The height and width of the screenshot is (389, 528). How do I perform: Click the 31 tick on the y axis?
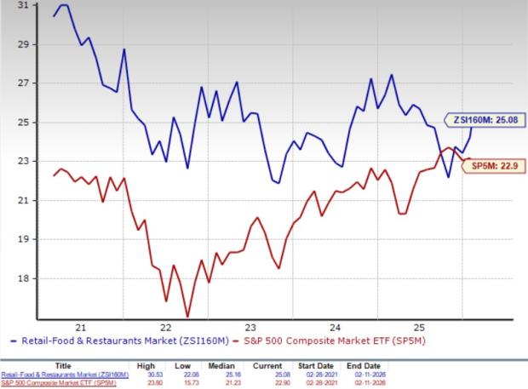[x=21, y=5]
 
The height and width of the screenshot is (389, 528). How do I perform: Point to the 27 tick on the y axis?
[x=21, y=83]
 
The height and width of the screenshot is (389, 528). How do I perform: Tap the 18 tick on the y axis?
[x=21, y=278]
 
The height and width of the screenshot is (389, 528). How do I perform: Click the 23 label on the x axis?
[x=251, y=326]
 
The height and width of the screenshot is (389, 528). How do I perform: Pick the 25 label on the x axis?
[x=418, y=326]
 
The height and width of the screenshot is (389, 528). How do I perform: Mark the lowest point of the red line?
[x=187, y=317]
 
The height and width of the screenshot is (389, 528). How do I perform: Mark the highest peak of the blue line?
[x=64, y=5]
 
